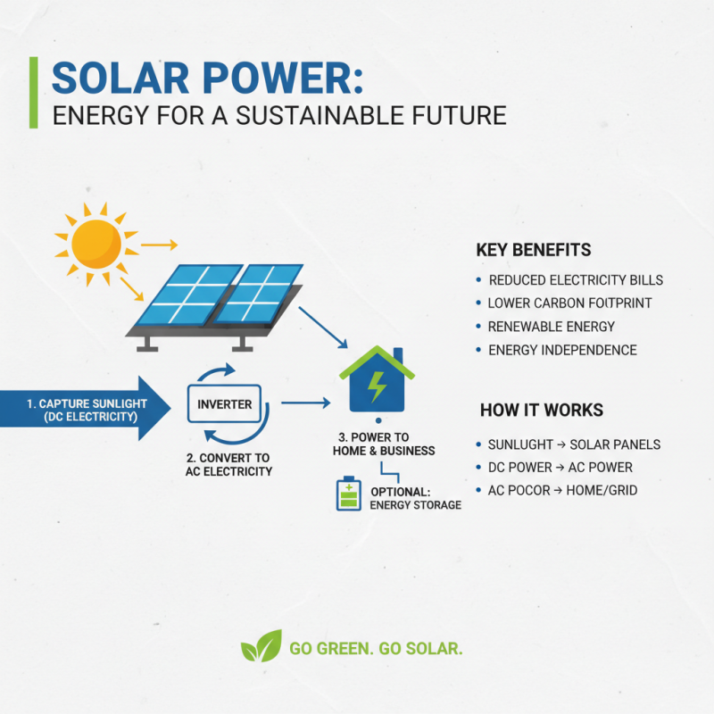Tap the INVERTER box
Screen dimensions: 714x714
(x=224, y=404)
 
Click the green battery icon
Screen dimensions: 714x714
(x=348, y=494)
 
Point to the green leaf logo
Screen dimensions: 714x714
(x=260, y=647)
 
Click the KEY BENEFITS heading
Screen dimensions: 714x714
(x=534, y=250)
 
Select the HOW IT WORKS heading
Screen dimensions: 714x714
(x=541, y=411)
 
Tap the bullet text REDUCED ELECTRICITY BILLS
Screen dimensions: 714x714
(x=576, y=280)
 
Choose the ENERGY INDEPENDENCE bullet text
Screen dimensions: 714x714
(x=562, y=350)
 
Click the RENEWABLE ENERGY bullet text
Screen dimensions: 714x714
(x=552, y=327)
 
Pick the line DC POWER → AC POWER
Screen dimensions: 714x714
(x=560, y=467)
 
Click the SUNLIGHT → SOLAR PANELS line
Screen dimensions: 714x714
(x=574, y=444)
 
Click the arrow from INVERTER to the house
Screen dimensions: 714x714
(x=304, y=404)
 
